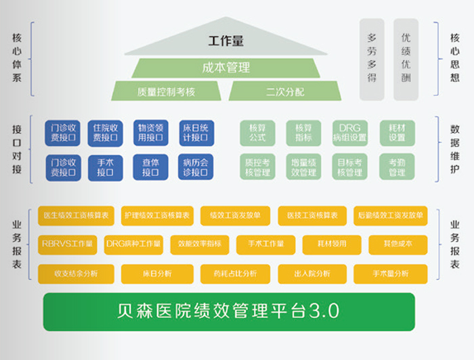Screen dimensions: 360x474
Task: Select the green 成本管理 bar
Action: coord(225,68)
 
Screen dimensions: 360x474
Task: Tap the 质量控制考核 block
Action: coord(166,91)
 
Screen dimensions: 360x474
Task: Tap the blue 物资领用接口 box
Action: coord(150,133)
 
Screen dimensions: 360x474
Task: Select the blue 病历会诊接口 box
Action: coord(196,167)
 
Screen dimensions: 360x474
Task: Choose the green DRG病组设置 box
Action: coord(349,133)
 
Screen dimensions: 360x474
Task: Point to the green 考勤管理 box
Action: coord(397,167)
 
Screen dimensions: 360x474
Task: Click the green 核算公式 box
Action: coord(257,133)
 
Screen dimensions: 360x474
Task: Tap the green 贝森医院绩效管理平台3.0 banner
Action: coord(228,312)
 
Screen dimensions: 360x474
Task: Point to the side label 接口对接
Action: coord(17,150)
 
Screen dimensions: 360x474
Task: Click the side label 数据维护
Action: coord(454,150)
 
